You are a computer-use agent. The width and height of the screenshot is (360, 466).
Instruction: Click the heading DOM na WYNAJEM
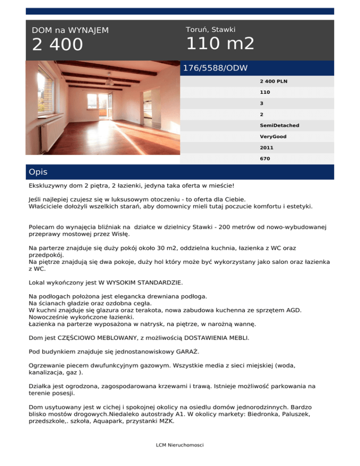(x=70, y=30)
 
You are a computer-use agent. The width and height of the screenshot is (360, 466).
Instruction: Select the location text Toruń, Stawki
(x=210, y=30)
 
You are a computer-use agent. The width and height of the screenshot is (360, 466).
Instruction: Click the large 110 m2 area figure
(x=220, y=44)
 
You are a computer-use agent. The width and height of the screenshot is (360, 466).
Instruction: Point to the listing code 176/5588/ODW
(x=215, y=68)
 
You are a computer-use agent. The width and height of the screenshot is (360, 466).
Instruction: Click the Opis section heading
(x=38, y=172)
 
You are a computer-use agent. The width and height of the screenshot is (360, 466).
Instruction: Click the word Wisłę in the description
(x=120, y=233)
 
